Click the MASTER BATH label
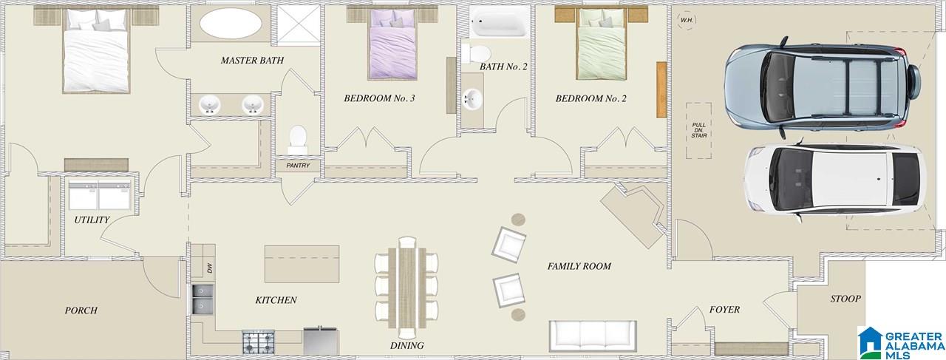coord(252,61)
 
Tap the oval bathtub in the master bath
coord(231,24)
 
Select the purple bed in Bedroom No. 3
coord(392,44)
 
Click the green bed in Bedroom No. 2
coord(602,44)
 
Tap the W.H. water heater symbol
coord(687,20)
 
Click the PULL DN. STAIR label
coord(699,130)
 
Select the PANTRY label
coord(298,166)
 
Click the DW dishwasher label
coord(210,268)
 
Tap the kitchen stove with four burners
coord(258,342)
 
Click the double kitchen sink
coord(203,299)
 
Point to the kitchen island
coord(302,264)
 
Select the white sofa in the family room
coord(593,336)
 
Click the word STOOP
coord(845,299)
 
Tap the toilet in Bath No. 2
coord(476,54)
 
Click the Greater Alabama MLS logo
coord(901,343)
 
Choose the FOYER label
coord(724,310)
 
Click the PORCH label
coord(81,310)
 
